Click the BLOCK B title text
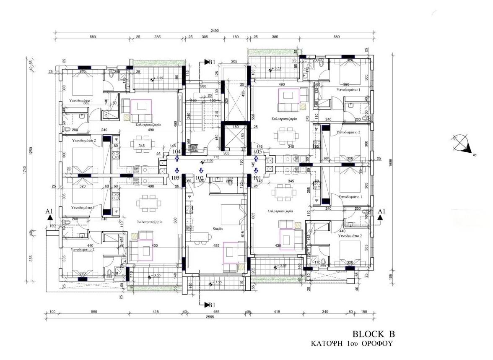point(374,334)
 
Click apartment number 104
point(177,151)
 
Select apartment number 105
point(258,151)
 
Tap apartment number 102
point(200,178)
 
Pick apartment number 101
point(257,178)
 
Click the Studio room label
point(217,229)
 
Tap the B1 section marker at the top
point(210,62)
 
